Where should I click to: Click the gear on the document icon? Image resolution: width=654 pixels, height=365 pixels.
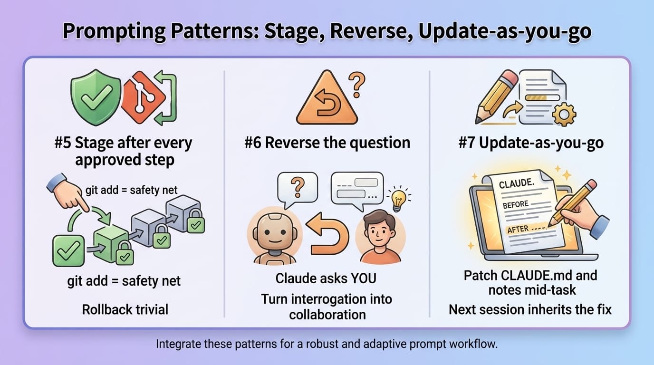click(x=565, y=114)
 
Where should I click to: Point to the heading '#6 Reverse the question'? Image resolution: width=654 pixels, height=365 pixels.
click(x=327, y=143)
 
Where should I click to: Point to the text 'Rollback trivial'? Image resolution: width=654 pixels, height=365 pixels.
click(x=125, y=309)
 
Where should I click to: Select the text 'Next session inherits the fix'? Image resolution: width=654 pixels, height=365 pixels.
click(x=530, y=310)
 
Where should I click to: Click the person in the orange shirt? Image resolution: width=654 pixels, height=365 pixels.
click(x=380, y=238)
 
